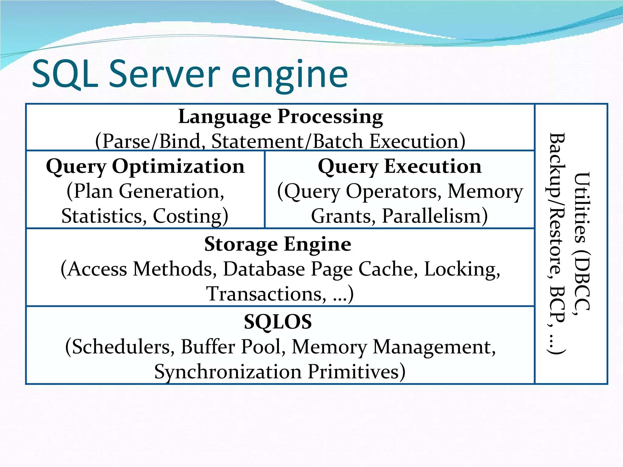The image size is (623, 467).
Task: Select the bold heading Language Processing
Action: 280,117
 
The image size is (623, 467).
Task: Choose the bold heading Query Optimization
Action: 145,167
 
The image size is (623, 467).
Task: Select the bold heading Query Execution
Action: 399,167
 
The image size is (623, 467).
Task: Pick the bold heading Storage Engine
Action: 277,244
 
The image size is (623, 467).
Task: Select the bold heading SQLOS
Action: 278,322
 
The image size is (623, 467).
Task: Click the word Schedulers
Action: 120,347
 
